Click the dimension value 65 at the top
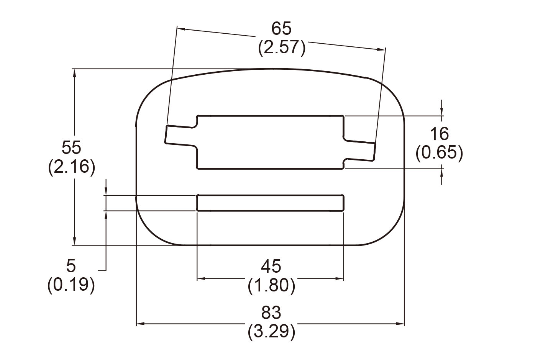click(281, 29)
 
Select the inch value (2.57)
click(282, 48)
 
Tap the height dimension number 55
click(72, 147)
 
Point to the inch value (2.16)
click(72, 167)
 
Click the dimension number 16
click(439, 134)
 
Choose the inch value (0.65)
click(439, 153)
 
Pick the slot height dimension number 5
click(71, 265)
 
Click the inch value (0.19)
click(71, 285)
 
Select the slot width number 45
click(271, 266)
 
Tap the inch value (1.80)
click(271, 285)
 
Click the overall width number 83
click(271, 313)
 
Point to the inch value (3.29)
click(271, 332)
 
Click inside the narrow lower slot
click(270, 203)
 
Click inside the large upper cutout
click(270, 142)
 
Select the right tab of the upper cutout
click(360, 149)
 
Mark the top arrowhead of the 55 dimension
click(74, 73)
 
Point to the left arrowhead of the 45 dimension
click(200, 279)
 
